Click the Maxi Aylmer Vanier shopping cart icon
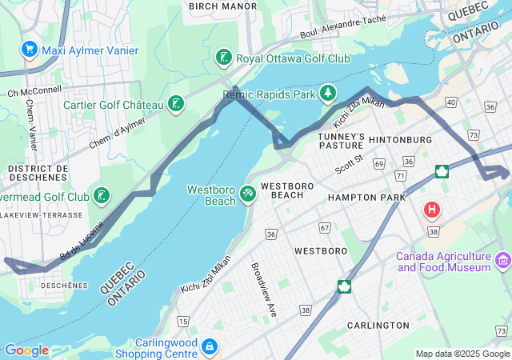(x=30, y=50)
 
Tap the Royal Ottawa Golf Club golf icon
(x=224, y=58)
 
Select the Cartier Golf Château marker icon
(x=176, y=104)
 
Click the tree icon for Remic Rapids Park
(x=327, y=94)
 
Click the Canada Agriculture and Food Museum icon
(x=502, y=261)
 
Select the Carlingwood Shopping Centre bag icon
(x=209, y=346)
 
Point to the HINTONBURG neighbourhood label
(x=400, y=140)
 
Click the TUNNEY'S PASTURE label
(x=342, y=142)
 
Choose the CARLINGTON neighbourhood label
(x=378, y=326)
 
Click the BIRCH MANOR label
(x=222, y=6)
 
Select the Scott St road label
(x=350, y=164)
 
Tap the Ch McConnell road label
(x=34, y=92)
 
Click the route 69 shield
(x=379, y=163)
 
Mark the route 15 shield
(x=183, y=321)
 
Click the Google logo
(x=26, y=350)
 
